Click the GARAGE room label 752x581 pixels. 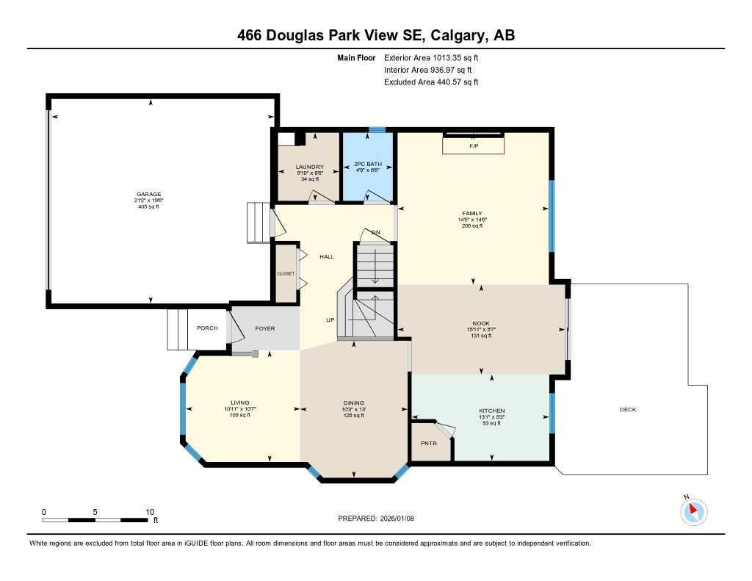pos(148,195)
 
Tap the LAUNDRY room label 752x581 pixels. pos(309,167)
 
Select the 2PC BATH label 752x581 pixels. pos(369,164)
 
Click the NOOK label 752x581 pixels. pos(481,323)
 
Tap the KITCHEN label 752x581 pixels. pos(491,411)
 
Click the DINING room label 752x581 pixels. pos(353,403)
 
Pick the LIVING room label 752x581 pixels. pos(240,403)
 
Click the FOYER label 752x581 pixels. pos(264,328)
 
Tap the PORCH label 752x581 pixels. pos(207,328)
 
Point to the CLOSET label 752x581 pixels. pos(286,273)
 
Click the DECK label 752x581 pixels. pos(627,411)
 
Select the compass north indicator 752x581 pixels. pos(693,510)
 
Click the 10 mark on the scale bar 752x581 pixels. pos(149,511)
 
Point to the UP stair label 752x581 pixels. pos(330,320)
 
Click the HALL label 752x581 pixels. pos(326,256)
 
